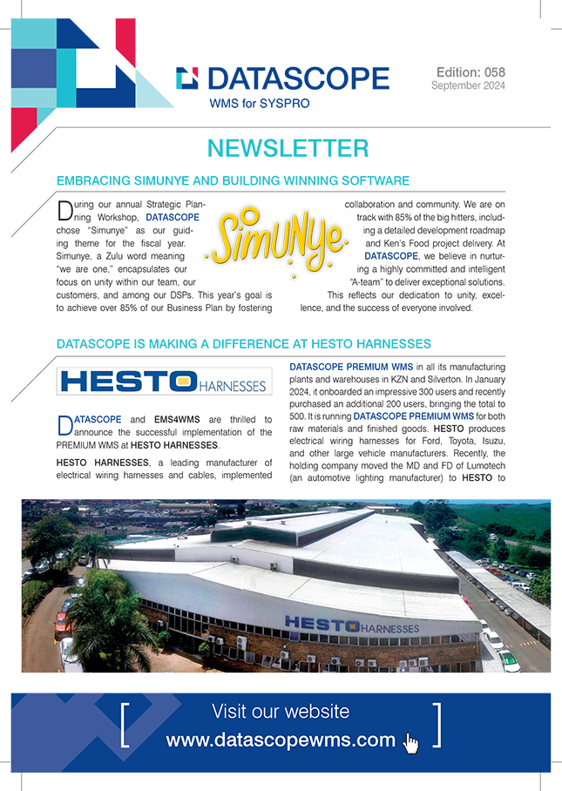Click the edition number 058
point(490,72)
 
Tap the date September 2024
point(468,86)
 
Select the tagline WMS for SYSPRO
point(260,104)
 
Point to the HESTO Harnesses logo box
point(164,382)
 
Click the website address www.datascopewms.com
point(281,740)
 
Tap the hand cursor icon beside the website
point(411,743)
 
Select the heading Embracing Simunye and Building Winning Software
point(233,181)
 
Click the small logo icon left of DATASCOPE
point(187,78)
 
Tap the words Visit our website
point(281,712)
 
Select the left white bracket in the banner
point(128,725)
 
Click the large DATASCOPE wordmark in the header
point(298,78)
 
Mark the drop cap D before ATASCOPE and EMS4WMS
point(63,425)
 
